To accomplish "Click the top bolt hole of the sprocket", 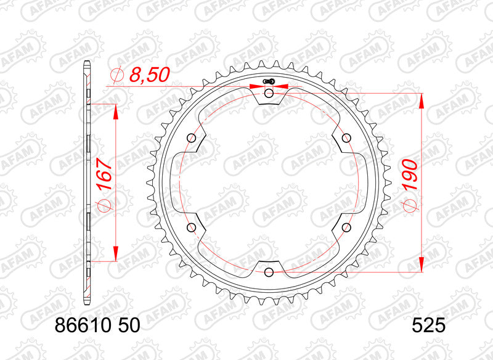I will tap(269, 93).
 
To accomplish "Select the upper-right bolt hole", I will tap(346, 137).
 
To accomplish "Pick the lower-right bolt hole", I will tap(346, 227).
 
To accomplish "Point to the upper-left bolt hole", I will tap(192, 137).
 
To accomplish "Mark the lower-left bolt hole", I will tap(192, 227).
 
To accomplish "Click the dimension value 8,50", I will tap(149, 75).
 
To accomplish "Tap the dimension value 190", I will tap(410, 174).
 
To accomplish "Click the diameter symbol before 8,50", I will tap(116, 75).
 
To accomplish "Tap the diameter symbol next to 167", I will tap(103, 206).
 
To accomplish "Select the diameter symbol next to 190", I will tap(410, 206).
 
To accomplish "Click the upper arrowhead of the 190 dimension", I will tap(422, 100).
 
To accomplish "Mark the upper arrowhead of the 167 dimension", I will tap(115, 110).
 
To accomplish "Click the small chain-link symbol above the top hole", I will tap(268, 81).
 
